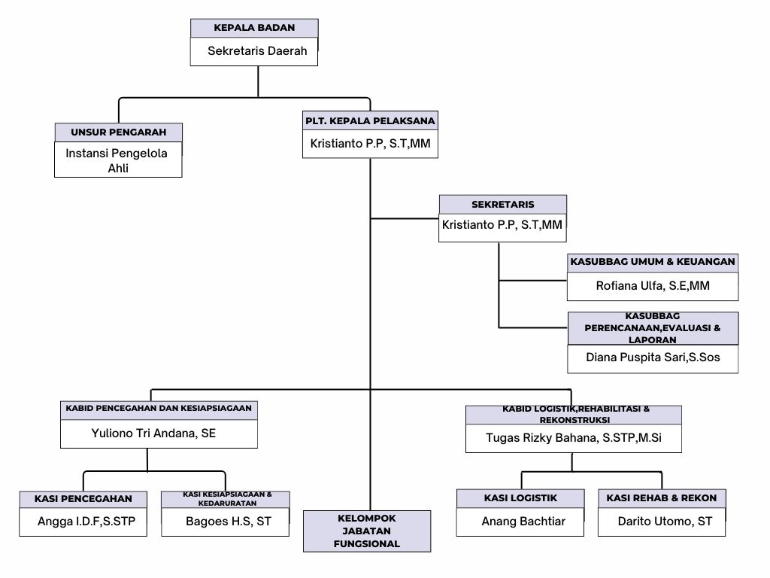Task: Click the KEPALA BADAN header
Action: coord(254,28)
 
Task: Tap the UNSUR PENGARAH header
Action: coord(118,132)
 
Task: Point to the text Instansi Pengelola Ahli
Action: coord(118,160)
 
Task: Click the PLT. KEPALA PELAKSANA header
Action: coord(370,120)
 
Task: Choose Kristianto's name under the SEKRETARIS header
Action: coord(502,225)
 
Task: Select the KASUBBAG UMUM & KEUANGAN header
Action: coord(653,262)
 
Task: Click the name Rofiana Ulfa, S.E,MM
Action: coord(653,286)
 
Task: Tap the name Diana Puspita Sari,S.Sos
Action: coord(653,357)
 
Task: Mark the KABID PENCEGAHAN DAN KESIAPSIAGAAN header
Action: coord(159,410)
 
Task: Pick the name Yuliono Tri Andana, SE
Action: coord(159,433)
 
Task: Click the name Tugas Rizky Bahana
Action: coord(573,438)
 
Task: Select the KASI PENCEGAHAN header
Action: coord(83,498)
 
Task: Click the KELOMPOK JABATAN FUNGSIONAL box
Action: coord(367,531)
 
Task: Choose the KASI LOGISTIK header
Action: coord(520,497)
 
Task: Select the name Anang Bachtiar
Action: coord(520,521)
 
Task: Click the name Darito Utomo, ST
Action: coord(662,521)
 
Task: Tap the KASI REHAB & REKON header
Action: coord(662,497)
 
